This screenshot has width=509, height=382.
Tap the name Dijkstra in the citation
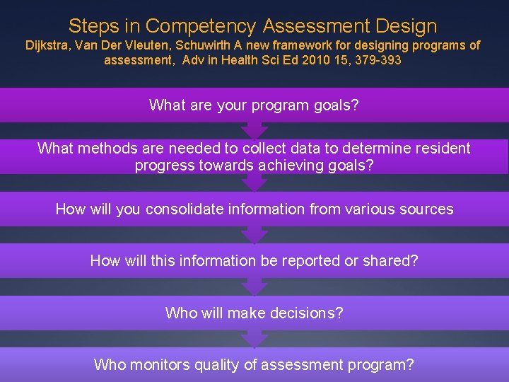click(49, 45)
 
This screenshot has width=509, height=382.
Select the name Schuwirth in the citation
click(200, 45)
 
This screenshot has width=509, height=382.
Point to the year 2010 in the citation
click(327, 60)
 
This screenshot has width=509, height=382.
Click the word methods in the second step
click(103, 149)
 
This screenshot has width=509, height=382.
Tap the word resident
click(442, 149)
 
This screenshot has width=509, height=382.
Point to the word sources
click(426, 209)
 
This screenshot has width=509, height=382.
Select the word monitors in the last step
click(163, 365)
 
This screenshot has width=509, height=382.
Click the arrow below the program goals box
click(255, 130)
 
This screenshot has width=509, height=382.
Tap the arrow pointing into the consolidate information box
click(255, 184)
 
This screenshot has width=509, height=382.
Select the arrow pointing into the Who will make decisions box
click(255, 287)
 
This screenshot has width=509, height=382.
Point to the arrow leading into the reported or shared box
click(255, 235)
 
